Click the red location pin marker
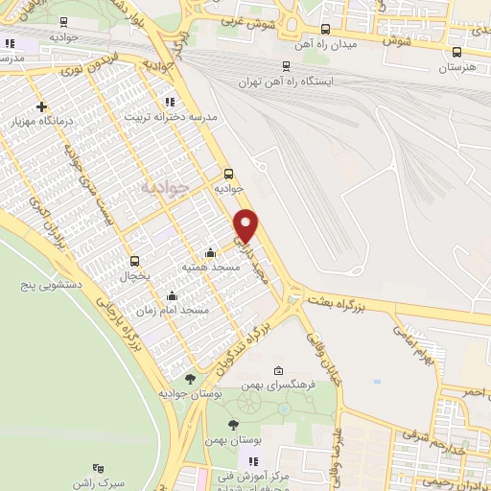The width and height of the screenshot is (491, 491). (x=246, y=224)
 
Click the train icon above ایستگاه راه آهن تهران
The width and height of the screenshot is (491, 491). (x=285, y=66)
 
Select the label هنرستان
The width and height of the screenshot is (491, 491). (x=456, y=69)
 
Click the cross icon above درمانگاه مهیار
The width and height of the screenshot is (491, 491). (x=40, y=107)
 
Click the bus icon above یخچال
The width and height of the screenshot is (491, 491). (x=134, y=261)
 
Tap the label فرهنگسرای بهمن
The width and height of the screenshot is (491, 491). (x=282, y=385)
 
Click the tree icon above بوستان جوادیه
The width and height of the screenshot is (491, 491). (x=190, y=379)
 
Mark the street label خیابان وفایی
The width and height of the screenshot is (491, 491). (x=317, y=356)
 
